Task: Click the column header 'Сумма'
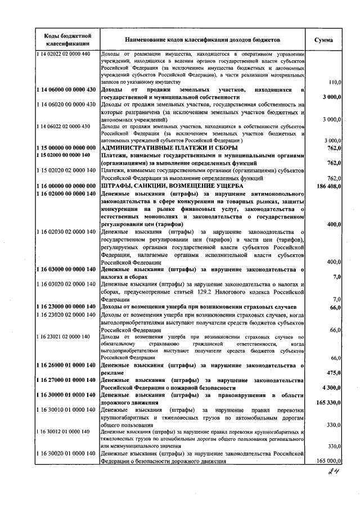point(323,40)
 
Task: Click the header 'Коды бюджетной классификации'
point(67,40)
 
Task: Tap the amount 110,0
point(334,82)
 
